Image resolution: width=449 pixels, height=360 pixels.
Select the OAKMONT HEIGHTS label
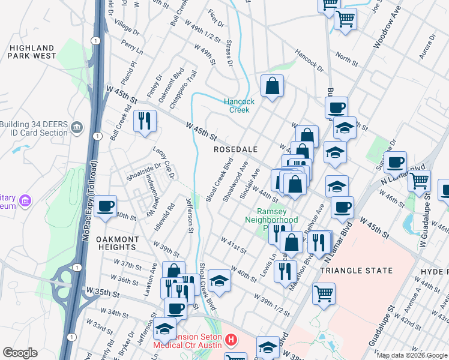pos(118,243)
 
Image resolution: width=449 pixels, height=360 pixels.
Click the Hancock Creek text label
pos(240,106)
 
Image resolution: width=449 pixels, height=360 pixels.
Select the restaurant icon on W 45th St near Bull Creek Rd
pos(145,121)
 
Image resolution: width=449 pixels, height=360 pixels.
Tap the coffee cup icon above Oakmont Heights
pos(106,206)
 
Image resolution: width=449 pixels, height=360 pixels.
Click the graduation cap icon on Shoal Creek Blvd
pos(220,281)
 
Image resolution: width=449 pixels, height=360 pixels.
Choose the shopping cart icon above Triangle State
pos(324,294)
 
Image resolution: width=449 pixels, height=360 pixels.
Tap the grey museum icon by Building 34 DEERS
pos(77,127)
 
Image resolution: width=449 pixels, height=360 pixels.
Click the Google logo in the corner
pos(20,353)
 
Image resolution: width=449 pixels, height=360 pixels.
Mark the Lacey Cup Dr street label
pos(163,164)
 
